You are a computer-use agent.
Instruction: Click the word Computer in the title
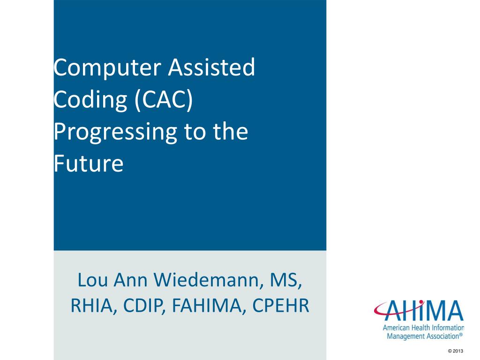[x=107, y=68]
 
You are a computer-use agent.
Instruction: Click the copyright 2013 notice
[x=456, y=351]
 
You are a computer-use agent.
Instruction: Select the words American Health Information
[x=423, y=328]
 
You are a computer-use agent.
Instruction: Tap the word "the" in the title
[x=229, y=133]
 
